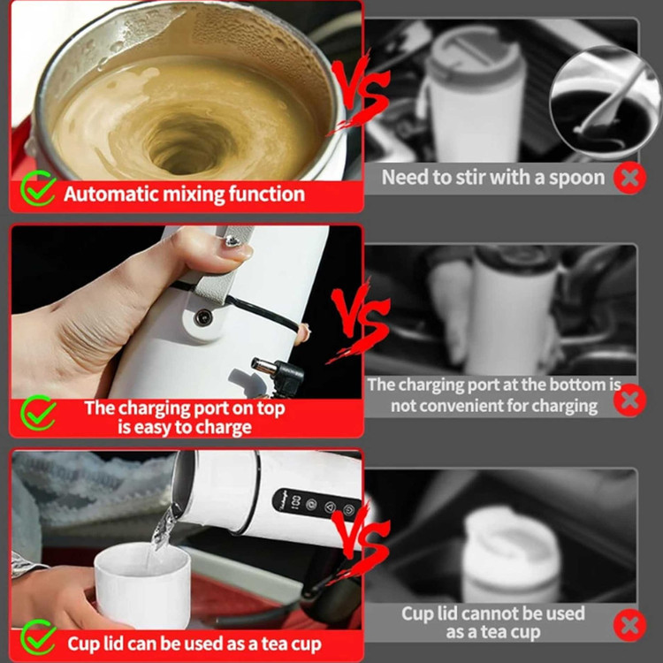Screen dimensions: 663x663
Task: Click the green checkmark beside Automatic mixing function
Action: [38, 188]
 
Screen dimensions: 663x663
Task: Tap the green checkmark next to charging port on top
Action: [38, 413]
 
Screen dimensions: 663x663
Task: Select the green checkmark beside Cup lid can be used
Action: [38, 637]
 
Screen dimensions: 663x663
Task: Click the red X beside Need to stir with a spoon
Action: [629, 178]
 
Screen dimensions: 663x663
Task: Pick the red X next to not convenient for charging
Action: [629, 400]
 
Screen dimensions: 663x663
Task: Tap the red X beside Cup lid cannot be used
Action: [629, 625]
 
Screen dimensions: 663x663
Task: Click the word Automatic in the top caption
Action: [111, 194]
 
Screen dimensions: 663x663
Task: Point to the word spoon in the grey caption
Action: [576, 178]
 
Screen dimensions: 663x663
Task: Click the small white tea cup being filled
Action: [142, 584]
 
